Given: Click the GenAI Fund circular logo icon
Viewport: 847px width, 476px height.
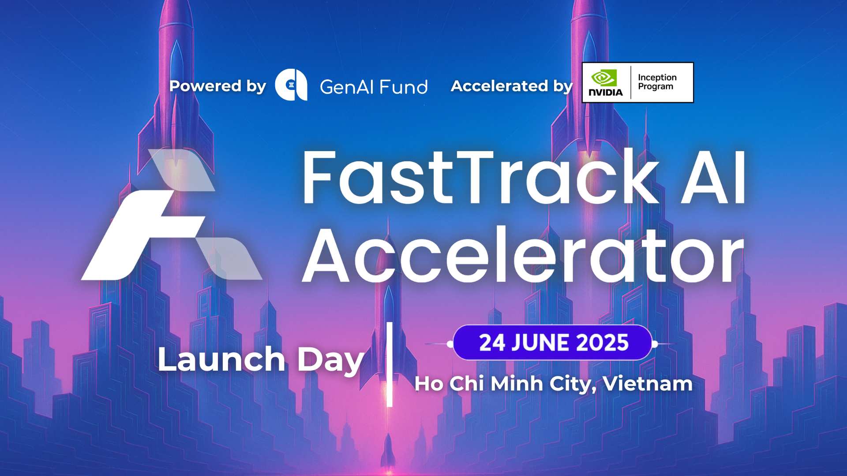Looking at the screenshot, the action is pos(291,85).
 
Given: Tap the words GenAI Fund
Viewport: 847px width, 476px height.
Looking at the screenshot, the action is pos(374,87).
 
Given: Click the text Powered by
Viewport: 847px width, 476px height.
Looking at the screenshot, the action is pos(217,86).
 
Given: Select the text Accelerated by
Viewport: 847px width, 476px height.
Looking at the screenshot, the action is pos(512,86).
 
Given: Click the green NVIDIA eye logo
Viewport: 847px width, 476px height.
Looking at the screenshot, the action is pos(603,78).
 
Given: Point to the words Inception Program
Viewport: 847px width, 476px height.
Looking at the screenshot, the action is pos(657,82).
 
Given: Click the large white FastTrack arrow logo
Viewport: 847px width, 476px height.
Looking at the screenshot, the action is pos(172,215).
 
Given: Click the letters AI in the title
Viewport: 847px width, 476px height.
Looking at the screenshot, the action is pos(713,177).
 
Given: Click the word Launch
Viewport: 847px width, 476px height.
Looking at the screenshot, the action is pos(221,359).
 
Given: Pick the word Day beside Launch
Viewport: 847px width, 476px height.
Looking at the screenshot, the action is pos(330,361).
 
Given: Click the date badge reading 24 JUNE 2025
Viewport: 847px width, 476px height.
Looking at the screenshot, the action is pos(552,343).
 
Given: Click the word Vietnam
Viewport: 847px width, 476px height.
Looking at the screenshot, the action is pos(648,383).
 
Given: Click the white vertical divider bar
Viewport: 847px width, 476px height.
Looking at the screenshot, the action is pos(390,364).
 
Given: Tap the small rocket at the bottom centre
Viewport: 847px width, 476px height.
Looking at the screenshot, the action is pos(388,452).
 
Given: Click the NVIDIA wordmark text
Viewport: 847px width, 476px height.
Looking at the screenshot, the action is pos(606,93).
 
